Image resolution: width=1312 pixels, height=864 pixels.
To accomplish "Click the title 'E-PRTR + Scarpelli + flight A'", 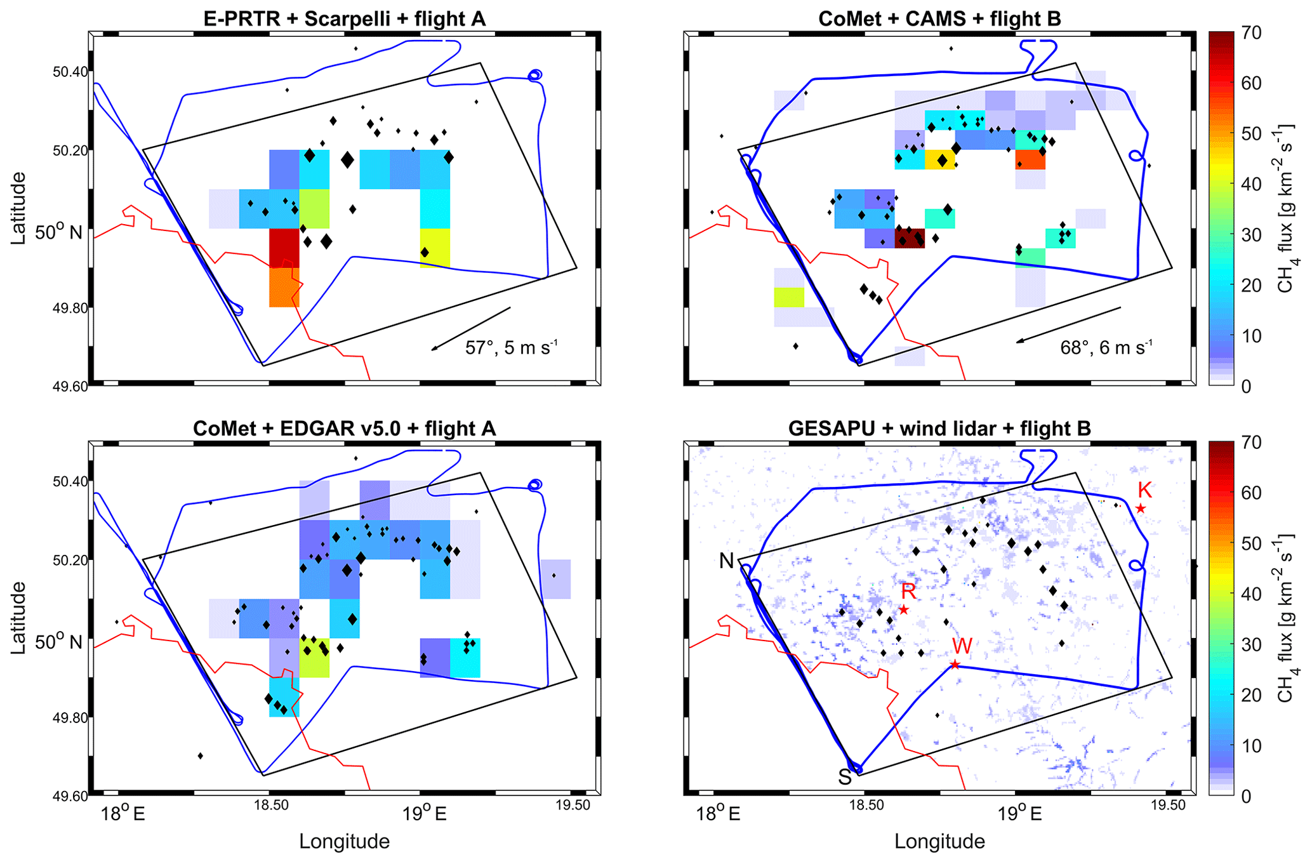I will tap(345, 18).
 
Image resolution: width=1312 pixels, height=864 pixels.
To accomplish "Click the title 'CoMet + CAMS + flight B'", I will tap(939, 18).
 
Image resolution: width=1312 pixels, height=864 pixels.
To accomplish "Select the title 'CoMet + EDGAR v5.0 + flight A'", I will tap(345, 429).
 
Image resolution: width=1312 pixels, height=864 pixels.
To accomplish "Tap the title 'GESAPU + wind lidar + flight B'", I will tap(939, 429).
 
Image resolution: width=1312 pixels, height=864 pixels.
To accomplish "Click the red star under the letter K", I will tap(1141, 508).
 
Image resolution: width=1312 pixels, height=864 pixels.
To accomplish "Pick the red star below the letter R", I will tap(904, 610).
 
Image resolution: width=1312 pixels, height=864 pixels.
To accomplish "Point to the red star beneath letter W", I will tap(955, 665).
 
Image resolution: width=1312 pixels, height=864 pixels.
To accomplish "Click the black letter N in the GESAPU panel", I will tap(726, 561).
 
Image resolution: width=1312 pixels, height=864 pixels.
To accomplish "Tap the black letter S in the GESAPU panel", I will tap(844, 777).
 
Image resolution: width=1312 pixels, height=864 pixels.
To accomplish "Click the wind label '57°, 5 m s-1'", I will tap(512, 348).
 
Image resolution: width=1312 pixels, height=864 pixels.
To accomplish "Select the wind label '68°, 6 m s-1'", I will tap(1106, 347).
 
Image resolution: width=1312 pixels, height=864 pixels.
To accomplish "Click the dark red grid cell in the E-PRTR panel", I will tap(284, 248).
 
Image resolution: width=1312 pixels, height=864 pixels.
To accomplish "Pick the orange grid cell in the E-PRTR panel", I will tap(284, 287).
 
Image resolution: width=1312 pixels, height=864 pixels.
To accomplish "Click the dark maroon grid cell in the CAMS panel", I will tap(910, 238).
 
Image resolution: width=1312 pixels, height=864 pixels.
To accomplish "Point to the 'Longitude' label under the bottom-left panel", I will tap(345, 842).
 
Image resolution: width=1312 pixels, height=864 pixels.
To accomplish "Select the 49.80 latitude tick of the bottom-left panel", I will tap(70, 718).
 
